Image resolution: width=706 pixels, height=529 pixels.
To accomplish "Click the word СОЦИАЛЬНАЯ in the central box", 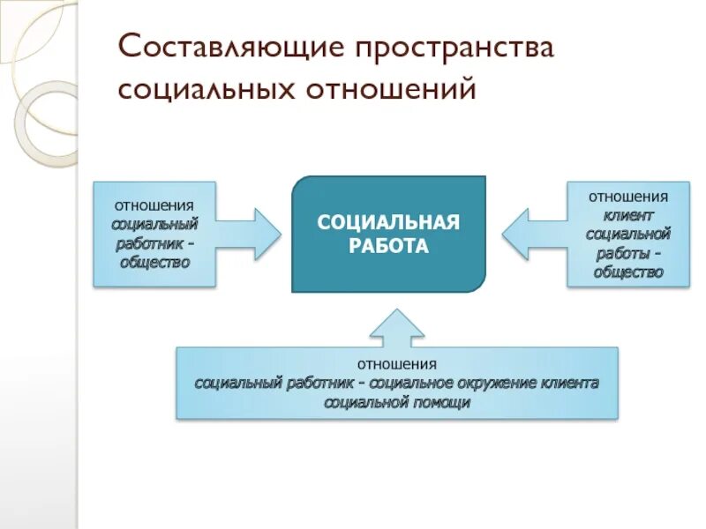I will (x=388, y=221).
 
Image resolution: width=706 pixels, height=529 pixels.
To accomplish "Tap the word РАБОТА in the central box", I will (x=388, y=246).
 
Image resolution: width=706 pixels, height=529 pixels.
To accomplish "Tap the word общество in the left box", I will (x=154, y=262).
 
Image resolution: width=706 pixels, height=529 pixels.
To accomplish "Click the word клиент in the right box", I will (x=628, y=214).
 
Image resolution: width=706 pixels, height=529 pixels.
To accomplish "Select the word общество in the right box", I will (x=628, y=272).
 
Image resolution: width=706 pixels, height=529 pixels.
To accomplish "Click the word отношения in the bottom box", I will (x=397, y=363).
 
